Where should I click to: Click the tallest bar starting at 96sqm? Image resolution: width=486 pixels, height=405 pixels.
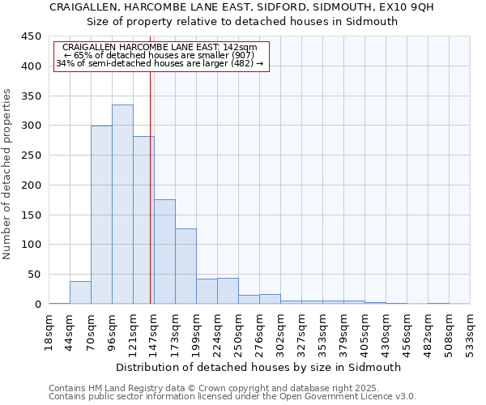(122, 204)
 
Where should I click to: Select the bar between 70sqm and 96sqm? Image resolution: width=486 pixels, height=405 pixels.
(101, 215)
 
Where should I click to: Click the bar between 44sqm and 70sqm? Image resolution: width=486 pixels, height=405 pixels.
(80, 292)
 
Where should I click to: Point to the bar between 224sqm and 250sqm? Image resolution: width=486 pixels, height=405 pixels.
(228, 291)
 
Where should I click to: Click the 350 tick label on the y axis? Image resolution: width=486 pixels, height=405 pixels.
(31, 96)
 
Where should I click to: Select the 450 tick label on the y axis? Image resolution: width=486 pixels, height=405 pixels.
(31, 36)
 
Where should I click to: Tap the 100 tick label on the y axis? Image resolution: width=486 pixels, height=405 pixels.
(31, 245)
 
